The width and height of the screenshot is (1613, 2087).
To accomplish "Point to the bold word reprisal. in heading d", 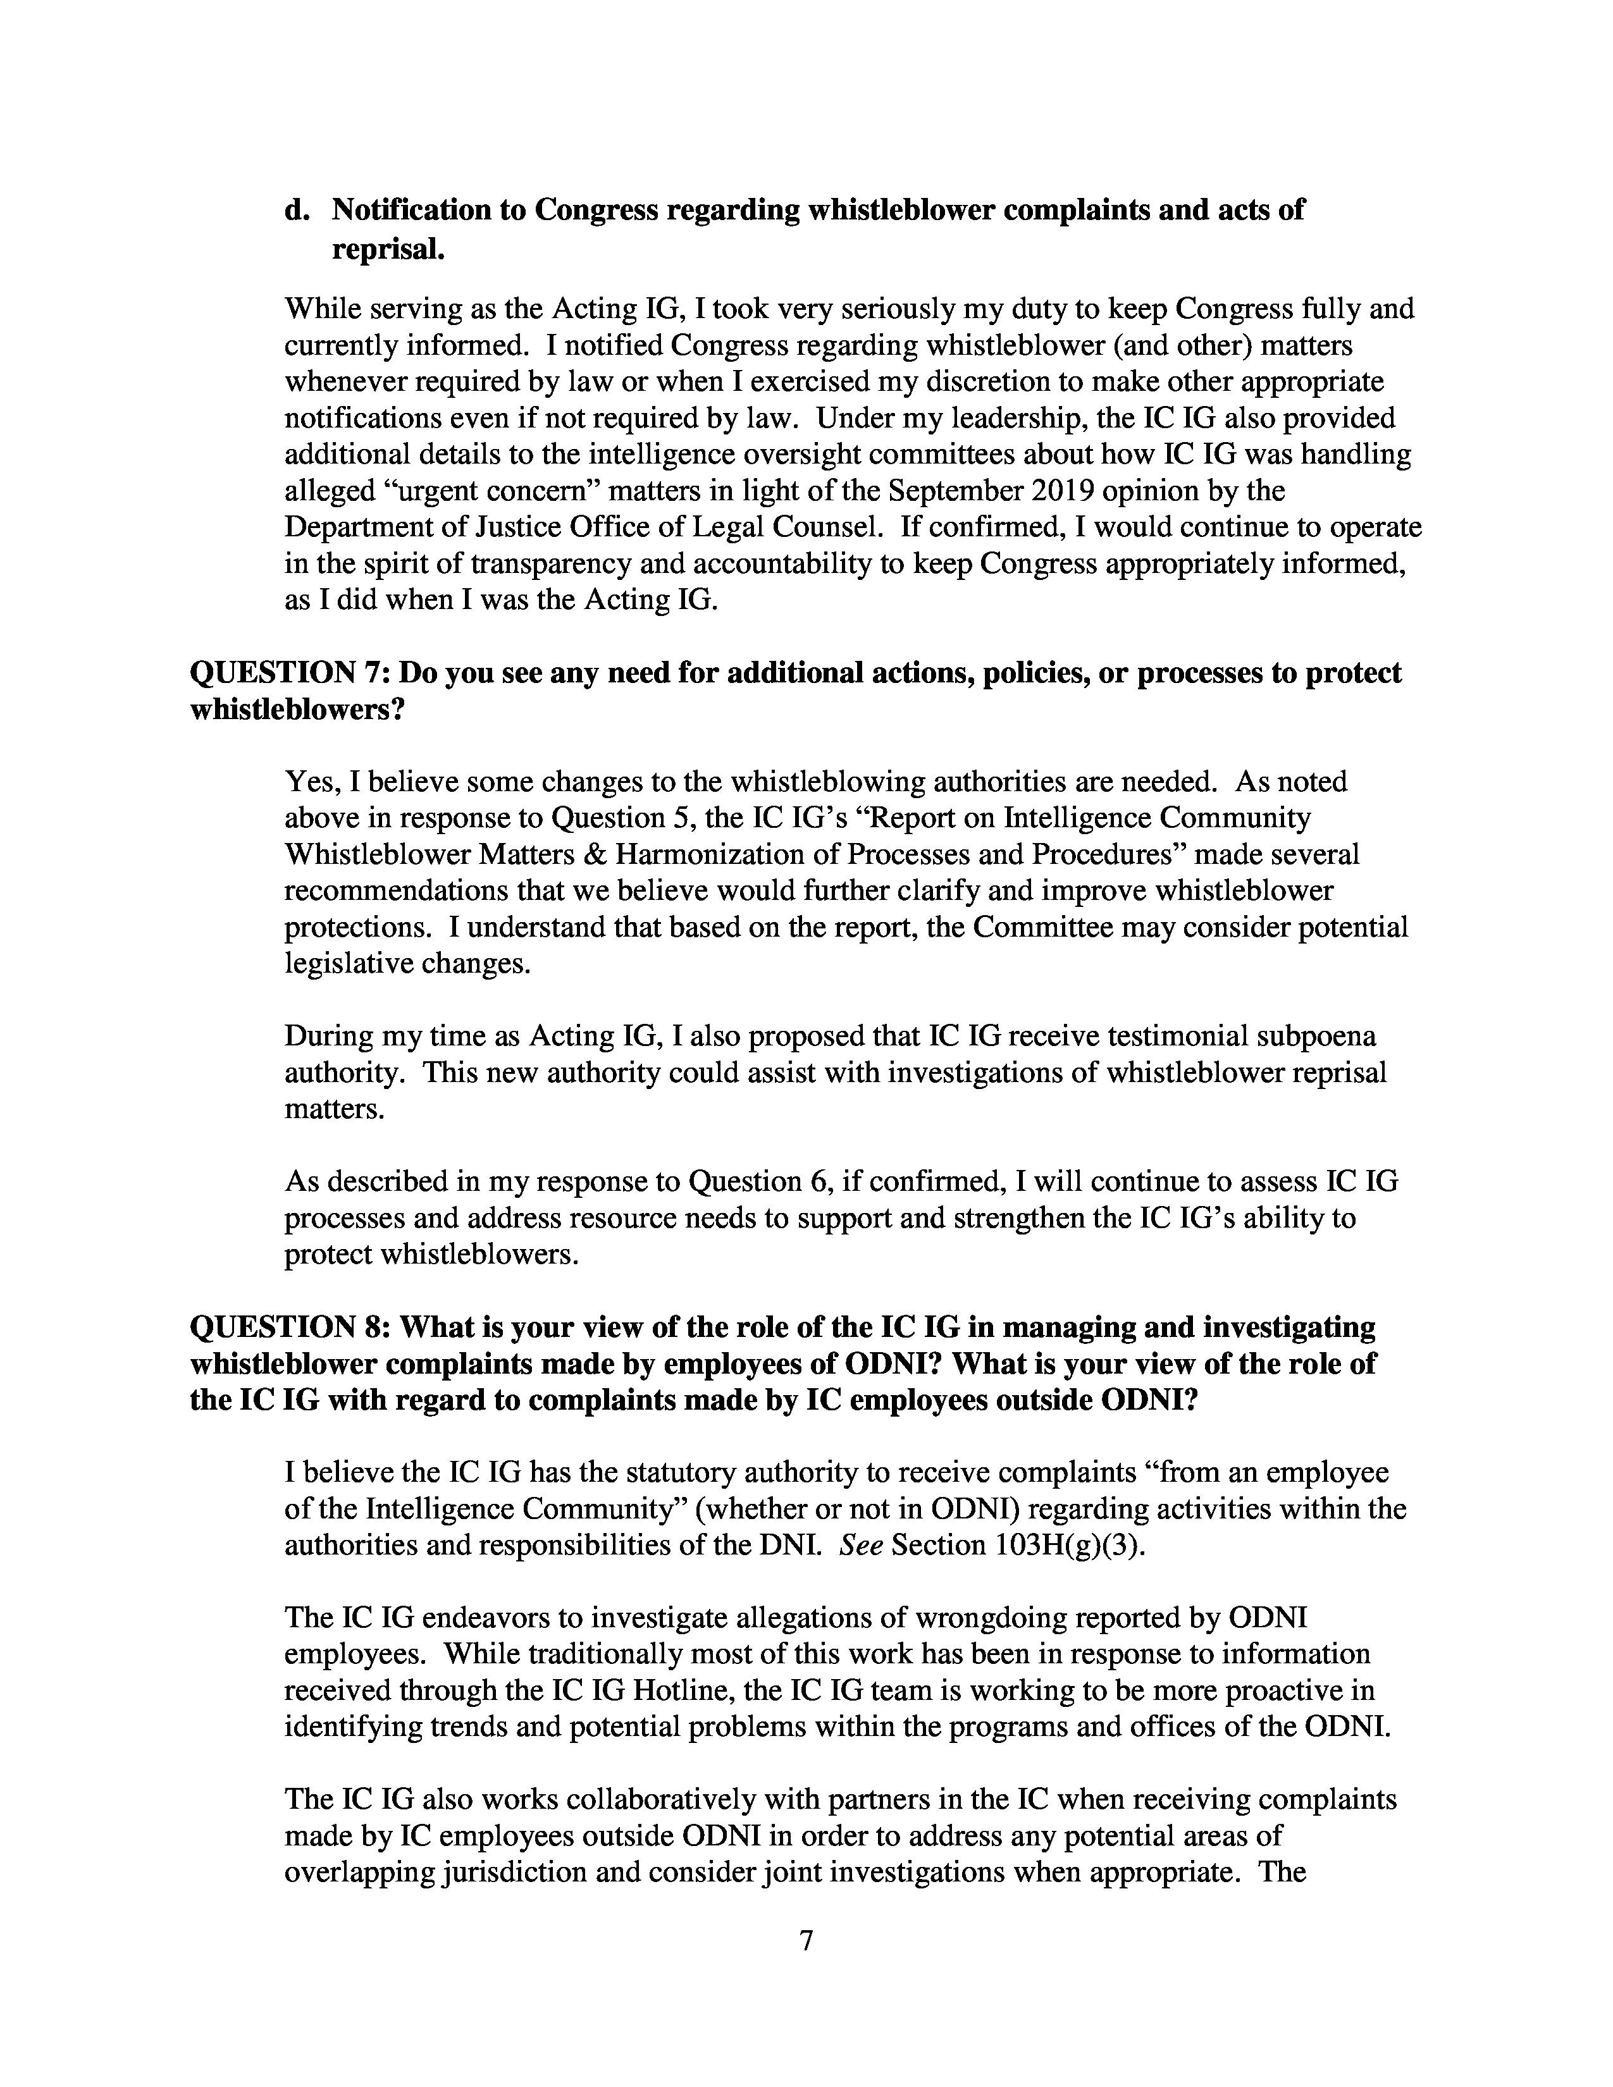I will (x=388, y=249).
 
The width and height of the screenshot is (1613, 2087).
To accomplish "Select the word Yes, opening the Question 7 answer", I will (x=311, y=783).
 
